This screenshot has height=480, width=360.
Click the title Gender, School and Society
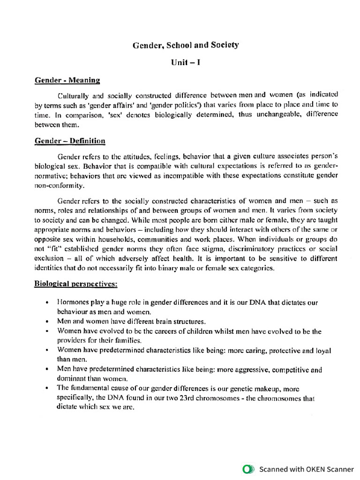pos(186,45)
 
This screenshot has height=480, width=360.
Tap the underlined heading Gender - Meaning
pos(67,80)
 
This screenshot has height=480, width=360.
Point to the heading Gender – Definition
pos(70,141)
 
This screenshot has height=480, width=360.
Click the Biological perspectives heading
pos(76,285)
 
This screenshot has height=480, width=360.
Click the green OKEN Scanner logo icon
pos(248,468)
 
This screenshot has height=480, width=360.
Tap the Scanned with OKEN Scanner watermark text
pos(307,468)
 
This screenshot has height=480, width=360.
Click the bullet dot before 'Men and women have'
pos(47,322)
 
